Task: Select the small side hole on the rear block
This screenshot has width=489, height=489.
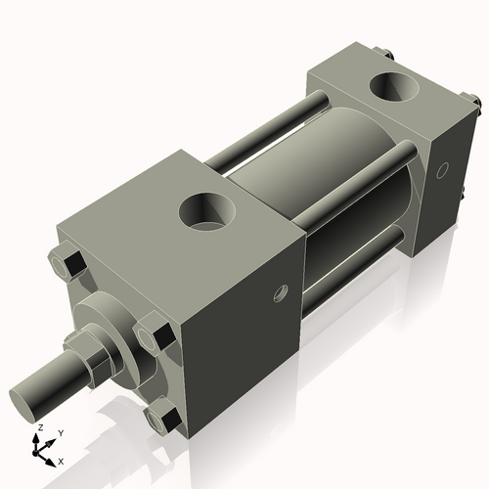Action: [x=445, y=171]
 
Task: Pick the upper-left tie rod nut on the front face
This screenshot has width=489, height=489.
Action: [x=71, y=264]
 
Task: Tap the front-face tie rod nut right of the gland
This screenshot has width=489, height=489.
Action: [x=154, y=336]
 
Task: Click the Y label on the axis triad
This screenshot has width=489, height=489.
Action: [x=60, y=432]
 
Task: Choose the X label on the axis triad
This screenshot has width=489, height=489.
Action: [x=62, y=460]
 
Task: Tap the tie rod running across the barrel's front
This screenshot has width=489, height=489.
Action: [x=352, y=186]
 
